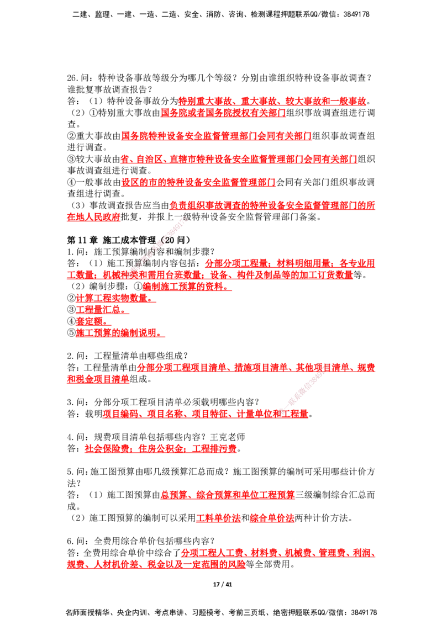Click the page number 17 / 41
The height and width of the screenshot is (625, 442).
click(x=223, y=584)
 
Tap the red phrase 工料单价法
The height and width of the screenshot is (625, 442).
click(x=218, y=518)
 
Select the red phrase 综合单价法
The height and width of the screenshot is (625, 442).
click(x=272, y=518)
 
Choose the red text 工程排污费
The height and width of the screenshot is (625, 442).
click(x=214, y=448)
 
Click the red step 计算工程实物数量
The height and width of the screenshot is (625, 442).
click(x=114, y=298)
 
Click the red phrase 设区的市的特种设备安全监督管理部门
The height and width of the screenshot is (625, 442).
click(x=198, y=182)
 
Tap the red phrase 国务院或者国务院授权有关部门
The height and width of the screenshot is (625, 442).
click(x=223, y=113)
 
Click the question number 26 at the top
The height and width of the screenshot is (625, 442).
click(x=72, y=78)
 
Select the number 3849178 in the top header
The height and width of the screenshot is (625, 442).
click(x=356, y=14)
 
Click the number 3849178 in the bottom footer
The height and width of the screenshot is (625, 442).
click(x=364, y=612)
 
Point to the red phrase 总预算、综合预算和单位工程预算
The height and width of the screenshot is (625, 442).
click(x=228, y=495)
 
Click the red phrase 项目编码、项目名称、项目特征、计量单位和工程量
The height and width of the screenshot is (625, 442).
click(x=206, y=414)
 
